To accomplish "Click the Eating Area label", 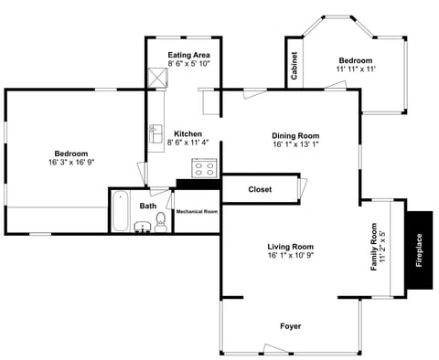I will point(190,56).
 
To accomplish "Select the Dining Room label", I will point(295,135).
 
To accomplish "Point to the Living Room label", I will point(290,247).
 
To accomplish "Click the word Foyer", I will point(290,326).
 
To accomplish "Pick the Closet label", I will point(260,189).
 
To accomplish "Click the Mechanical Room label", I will point(197,211).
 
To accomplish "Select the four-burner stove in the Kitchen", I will point(202,168).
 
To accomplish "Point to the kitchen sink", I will point(155,134).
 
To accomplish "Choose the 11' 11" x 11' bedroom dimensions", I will point(356,69).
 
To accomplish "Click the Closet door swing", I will point(303,188).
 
